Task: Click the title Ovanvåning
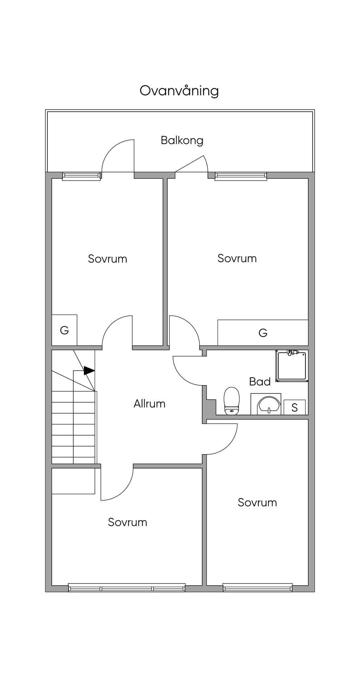(x=179, y=91)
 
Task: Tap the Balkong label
(x=182, y=141)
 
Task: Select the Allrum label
(x=149, y=404)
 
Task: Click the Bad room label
(x=260, y=382)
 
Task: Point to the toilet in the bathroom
(x=232, y=401)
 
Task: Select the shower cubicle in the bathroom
(x=292, y=366)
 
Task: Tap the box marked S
(x=295, y=407)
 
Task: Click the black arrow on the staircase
(x=89, y=370)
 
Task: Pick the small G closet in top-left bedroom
(x=64, y=330)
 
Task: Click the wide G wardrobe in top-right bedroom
(x=263, y=333)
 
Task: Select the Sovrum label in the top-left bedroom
(x=108, y=259)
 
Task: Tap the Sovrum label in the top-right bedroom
(x=237, y=259)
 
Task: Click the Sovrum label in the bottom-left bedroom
(x=128, y=522)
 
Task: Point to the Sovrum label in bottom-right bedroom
(x=257, y=503)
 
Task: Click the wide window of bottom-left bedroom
(x=127, y=587)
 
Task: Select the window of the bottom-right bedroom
(x=258, y=587)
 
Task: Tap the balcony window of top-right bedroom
(x=241, y=176)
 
